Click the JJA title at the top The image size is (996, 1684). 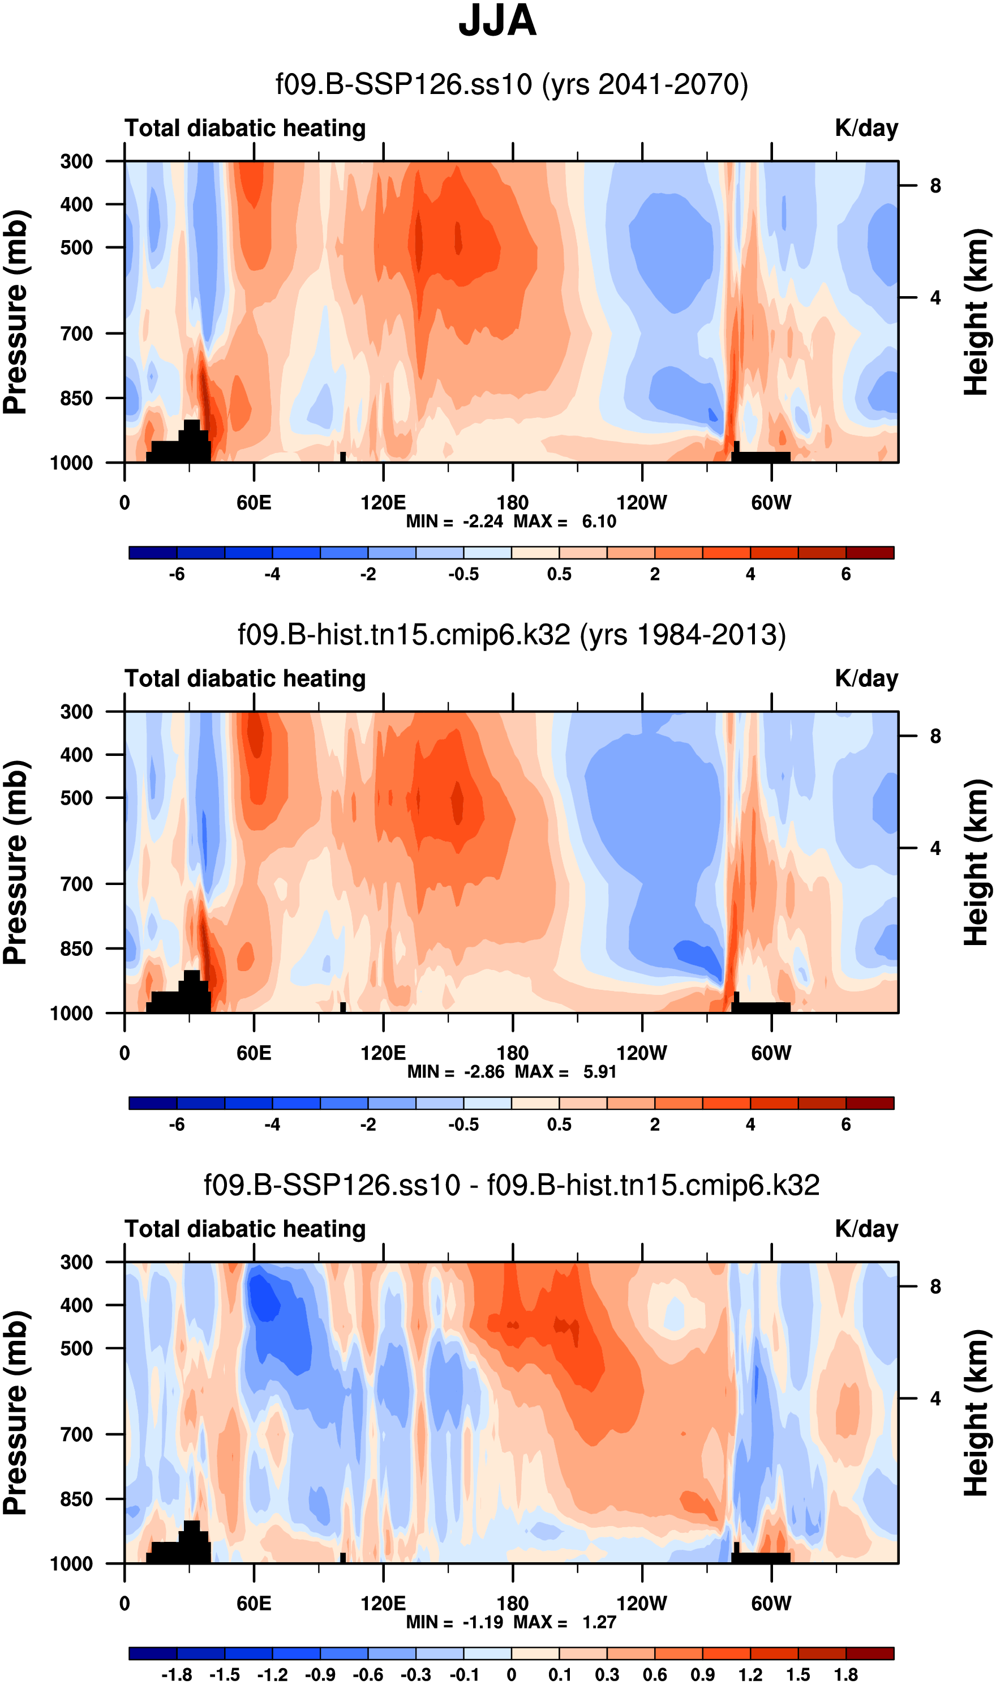[497, 21]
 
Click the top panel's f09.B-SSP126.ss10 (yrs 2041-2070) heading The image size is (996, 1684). [512, 84]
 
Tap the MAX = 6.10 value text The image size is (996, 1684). [564, 521]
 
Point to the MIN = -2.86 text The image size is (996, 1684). [456, 1071]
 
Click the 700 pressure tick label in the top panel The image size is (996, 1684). [76, 333]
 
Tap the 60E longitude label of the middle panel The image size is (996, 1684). [254, 1053]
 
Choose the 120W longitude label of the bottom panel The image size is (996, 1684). [642, 1604]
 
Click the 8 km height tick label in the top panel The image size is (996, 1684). [935, 186]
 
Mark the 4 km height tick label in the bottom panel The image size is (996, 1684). [935, 1399]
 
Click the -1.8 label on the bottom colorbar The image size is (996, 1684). [177, 1674]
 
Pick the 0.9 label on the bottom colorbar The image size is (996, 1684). [703, 1674]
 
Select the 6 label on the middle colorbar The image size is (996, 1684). [845, 1124]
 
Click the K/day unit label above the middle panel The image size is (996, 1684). [866, 678]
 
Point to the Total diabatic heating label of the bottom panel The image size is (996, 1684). [245, 1229]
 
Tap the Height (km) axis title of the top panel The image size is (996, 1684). [977, 311]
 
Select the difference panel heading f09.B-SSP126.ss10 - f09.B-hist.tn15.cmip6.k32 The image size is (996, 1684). [512, 1185]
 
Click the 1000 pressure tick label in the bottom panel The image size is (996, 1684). [72, 1564]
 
